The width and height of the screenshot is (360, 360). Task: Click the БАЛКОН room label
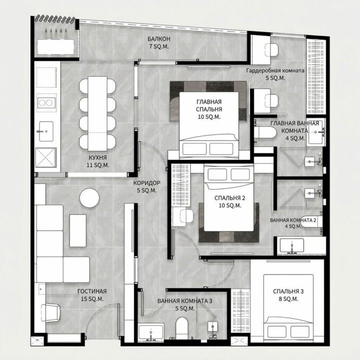(x=159, y=39)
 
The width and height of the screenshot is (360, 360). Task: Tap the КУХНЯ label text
(x=98, y=157)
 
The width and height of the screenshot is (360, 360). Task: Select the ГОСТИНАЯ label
(x=92, y=291)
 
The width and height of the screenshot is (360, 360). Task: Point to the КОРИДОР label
(x=146, y=183)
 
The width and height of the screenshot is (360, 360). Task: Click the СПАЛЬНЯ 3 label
(x=288, y=291)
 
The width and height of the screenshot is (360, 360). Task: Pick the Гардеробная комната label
(x=275, y=70)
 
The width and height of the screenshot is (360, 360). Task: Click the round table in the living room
(x=89, y=198)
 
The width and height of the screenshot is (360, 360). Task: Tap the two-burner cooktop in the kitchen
(x=46, y=102)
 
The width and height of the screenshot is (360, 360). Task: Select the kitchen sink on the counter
(x=46, y=131)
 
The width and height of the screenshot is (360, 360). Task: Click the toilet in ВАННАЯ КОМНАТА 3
(x=182, y=328)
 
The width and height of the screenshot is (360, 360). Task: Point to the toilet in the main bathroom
(x=265, y=132)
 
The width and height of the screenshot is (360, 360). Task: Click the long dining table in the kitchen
(x=97, y=113)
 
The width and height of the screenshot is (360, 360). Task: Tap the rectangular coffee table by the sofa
(x=78, y=230)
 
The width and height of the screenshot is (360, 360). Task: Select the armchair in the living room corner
(x=50, y=312)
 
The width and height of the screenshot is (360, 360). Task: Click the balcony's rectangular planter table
(x=55, y=47)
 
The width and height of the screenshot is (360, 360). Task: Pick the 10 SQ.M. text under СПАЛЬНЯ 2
(x=230, y=205)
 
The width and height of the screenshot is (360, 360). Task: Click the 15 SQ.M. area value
(x=92, y=299)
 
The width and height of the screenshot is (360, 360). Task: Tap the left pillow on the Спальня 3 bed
(x=277, y=332)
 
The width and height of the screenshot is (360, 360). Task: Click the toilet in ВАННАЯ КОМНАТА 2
(x=311, y=221)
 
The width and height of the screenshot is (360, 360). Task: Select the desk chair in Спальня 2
(x=186, y=216)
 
